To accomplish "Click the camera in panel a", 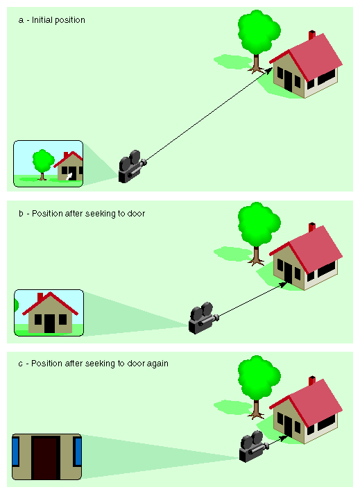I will (x=130, y=167).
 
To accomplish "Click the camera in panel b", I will (x=203, y=318).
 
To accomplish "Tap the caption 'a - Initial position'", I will (x=51, y=20).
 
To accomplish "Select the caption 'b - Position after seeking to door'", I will (x=82, y=214).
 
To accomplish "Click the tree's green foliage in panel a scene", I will (x=257, y=32).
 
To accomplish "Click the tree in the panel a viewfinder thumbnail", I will (x=43, y=162).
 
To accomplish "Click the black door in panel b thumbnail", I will (x=49, y=323).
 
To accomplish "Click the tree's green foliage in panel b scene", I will (x=257, y=224).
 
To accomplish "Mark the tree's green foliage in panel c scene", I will (x=257, y=377).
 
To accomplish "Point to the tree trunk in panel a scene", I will (x=257, y=64).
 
